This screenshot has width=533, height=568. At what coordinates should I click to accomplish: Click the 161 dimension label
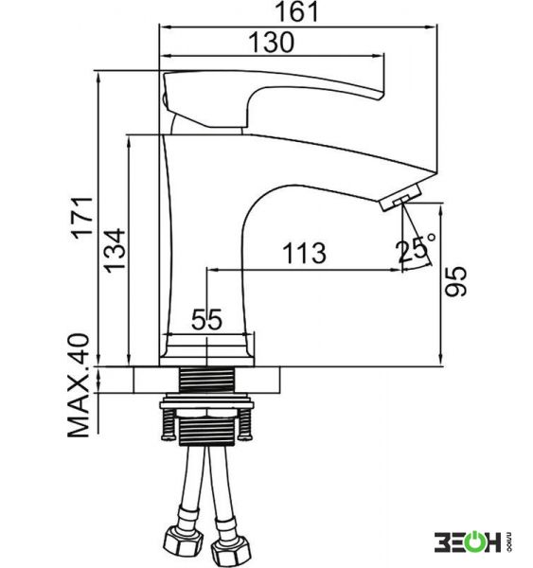297,11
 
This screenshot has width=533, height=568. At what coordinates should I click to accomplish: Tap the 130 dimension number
272,43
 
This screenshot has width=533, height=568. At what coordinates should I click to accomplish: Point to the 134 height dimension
115,250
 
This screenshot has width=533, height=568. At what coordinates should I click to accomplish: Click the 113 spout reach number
304,253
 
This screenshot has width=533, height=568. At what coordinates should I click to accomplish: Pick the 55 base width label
206,320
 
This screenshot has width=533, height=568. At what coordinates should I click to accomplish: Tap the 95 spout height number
455,282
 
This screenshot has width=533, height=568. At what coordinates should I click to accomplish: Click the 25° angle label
416,249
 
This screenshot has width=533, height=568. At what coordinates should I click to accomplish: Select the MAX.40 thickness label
79,385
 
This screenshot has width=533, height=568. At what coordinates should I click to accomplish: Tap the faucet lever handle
273,98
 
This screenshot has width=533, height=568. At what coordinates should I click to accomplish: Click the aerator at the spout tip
400,198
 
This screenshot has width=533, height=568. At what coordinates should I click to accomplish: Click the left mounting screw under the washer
169,424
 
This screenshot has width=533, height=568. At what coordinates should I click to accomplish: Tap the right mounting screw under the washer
245,424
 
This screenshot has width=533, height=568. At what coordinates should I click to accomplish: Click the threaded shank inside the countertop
206,380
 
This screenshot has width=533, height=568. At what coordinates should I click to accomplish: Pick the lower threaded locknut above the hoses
206,431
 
